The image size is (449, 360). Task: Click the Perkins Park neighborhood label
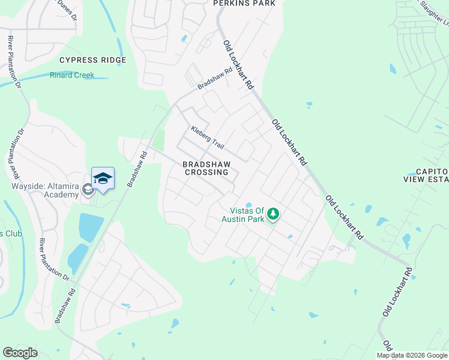[244, 4]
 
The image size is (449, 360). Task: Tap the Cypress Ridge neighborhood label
[92, 60]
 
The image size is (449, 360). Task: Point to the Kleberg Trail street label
[207, 138]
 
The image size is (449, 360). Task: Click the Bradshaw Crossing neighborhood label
[206, 167]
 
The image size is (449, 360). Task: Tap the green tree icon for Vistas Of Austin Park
[273, 214]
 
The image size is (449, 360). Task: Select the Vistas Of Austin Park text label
[249, 215]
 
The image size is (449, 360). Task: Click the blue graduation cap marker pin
[103, 178]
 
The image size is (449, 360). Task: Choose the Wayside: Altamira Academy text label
[46, 190]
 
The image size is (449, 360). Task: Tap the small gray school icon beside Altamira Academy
[88, 190]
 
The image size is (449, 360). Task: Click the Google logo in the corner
[20, 353]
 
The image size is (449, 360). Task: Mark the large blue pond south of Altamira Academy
[90, 227]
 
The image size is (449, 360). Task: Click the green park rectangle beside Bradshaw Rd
[158, 140]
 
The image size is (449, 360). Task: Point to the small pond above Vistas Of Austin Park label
[249, 204]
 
